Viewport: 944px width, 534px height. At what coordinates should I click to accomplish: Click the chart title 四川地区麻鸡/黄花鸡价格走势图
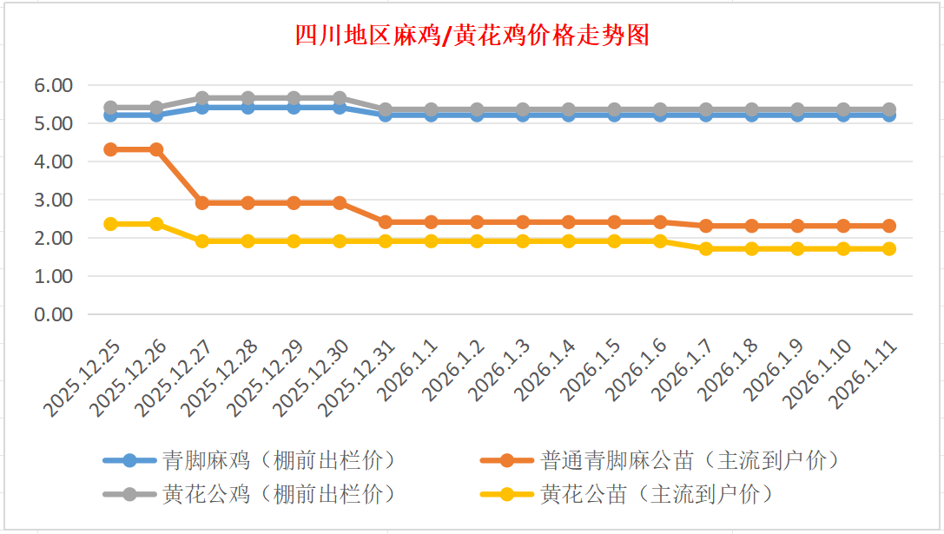pos(472,36)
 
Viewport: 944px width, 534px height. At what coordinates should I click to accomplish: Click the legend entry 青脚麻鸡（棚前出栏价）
pos(279,459)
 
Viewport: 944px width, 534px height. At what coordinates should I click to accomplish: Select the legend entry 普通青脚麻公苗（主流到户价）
pos(690,459)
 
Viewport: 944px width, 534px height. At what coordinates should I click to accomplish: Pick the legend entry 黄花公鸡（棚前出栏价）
pos(279,495)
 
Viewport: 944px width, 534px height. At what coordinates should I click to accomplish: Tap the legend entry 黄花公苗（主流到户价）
pos(656,495)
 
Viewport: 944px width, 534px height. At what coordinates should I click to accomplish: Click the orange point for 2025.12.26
pos(156,149)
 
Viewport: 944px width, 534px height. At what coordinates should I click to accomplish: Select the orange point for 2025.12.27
pos(202,202)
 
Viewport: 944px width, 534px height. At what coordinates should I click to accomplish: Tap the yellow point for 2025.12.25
pos(110,224)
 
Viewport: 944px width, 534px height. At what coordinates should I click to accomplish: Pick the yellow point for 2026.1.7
pos(706,248)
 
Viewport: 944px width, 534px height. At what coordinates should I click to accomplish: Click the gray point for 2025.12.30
pos(340,98)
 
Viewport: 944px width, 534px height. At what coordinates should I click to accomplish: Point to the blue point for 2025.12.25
pos(110,115)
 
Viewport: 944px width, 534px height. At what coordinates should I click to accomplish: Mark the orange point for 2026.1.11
pos(889,226)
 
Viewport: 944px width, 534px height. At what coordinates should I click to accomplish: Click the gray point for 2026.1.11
pos(889,109)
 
